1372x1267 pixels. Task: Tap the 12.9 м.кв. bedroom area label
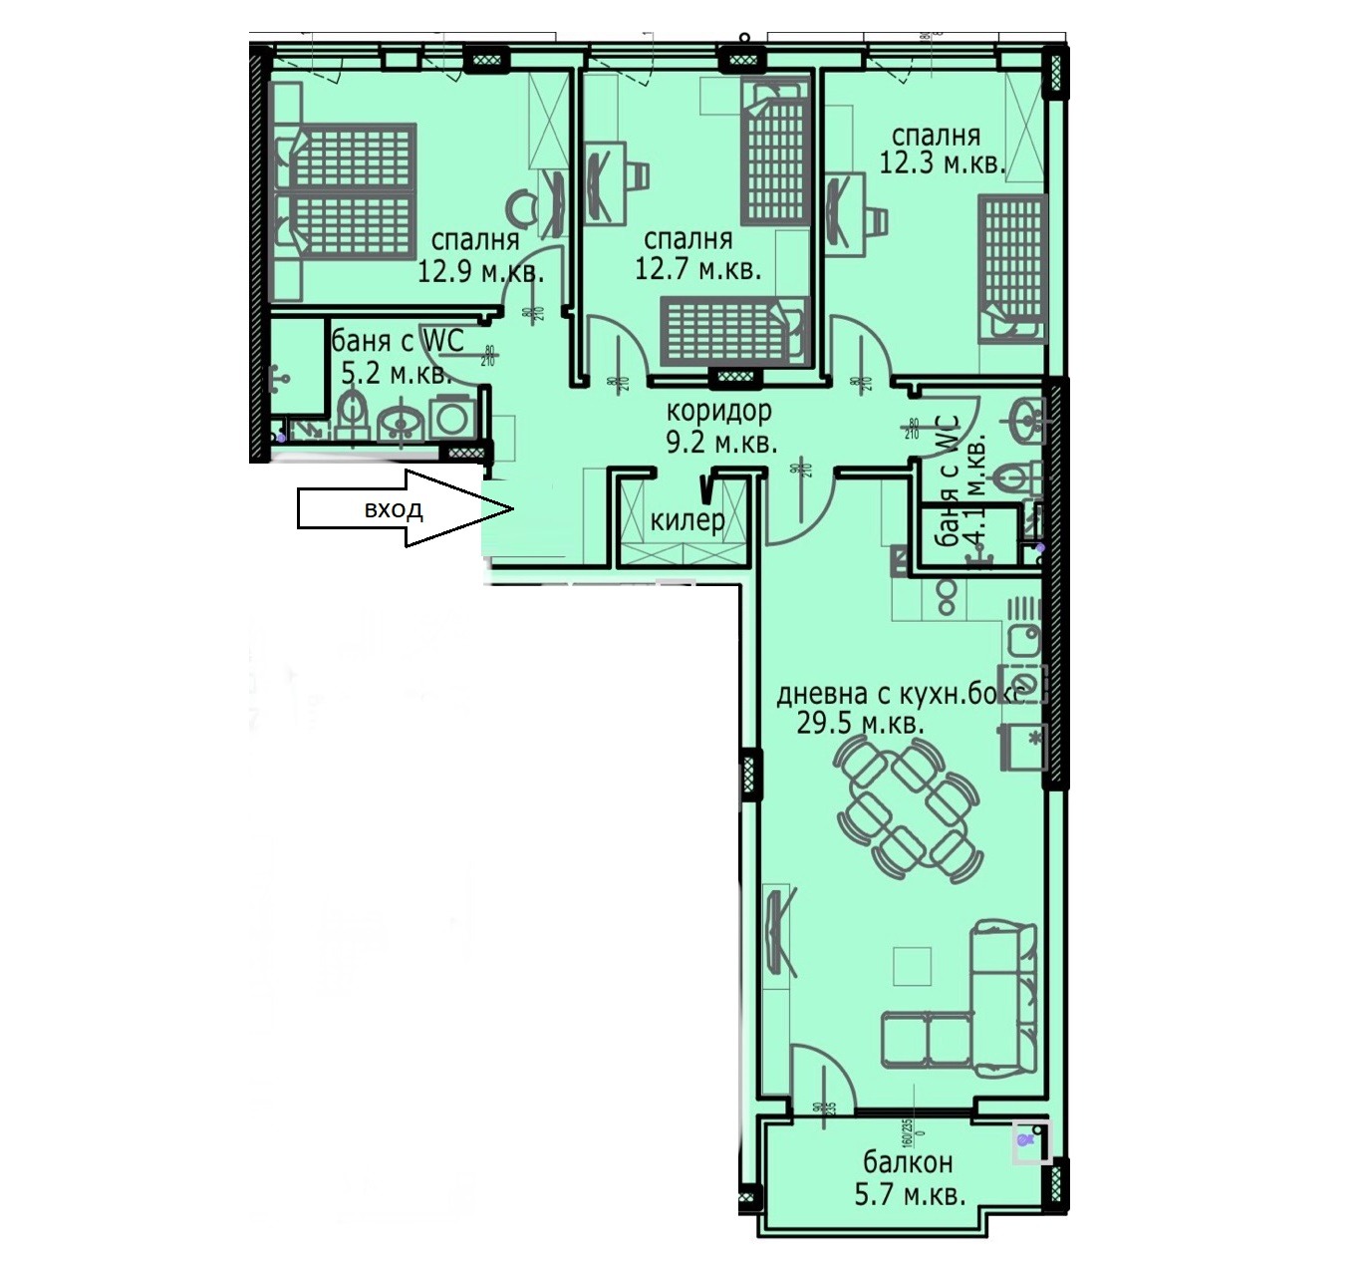point(480,271)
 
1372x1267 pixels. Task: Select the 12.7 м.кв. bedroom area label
point(697,269)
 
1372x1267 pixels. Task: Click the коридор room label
point(718,411)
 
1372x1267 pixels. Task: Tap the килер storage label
point(686,520)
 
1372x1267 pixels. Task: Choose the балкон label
point(908,1162)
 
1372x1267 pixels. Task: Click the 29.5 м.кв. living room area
point(860,724)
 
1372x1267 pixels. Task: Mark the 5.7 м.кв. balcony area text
point(910,1194)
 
